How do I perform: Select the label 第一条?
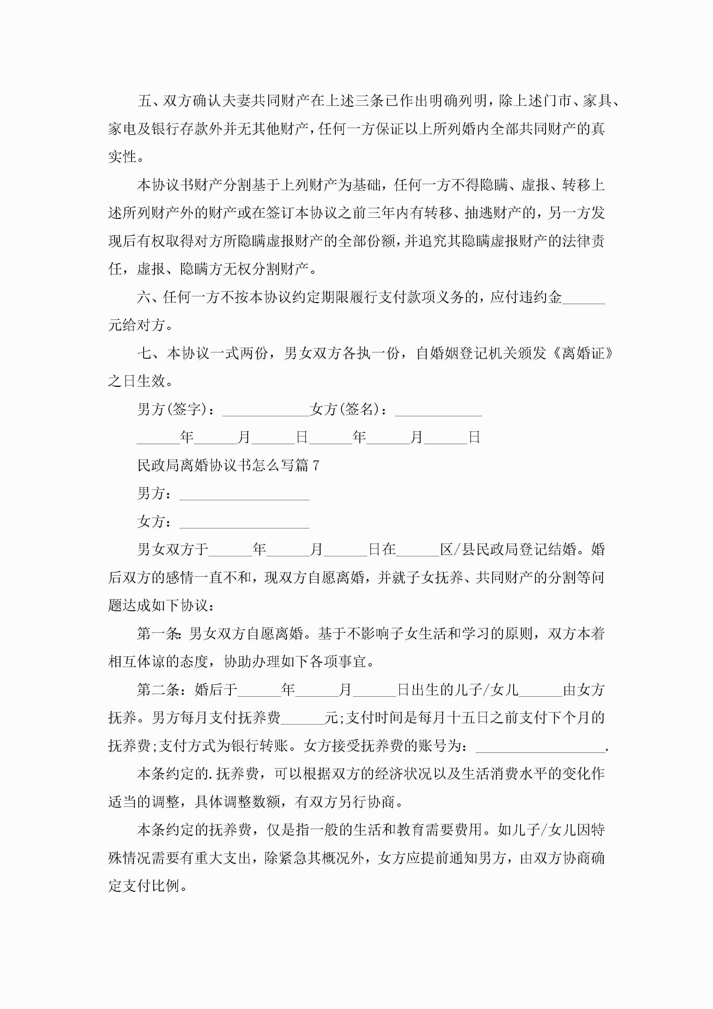[158, 634]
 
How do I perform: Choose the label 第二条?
[158, 689]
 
